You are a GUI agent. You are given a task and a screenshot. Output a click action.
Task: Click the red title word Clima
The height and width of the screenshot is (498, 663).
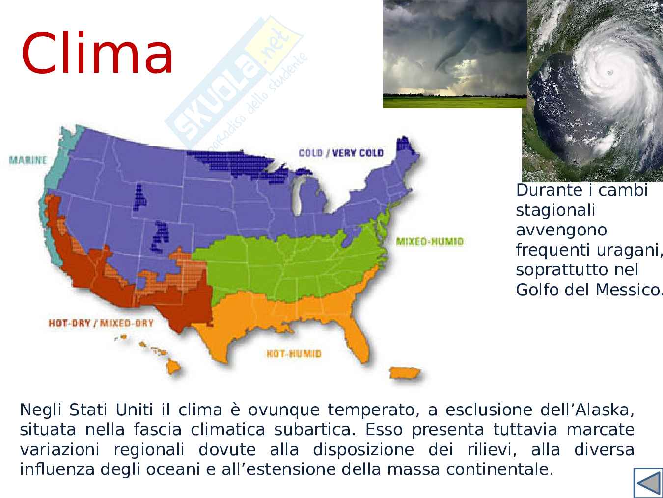tap(97, 53)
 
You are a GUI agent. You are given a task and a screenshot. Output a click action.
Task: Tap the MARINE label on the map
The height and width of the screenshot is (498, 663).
tap(28, 160)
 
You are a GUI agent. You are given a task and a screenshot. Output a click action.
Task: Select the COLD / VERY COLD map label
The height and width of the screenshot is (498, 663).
tap(341, 153)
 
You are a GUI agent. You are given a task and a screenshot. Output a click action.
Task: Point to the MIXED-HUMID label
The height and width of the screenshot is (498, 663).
tap(430, 241)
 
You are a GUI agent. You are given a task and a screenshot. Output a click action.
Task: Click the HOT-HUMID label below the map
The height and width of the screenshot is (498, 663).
tap(294, 353)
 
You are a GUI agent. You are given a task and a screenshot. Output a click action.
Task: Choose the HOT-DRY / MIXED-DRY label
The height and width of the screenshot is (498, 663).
tap(101, 323)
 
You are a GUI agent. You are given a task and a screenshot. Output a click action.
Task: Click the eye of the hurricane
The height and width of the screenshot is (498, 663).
tap(609, 72)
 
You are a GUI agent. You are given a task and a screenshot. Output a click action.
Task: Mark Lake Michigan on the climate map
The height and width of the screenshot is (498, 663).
tap(297, 197)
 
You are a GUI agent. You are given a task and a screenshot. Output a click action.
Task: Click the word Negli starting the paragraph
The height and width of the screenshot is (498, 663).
tap(41, 410)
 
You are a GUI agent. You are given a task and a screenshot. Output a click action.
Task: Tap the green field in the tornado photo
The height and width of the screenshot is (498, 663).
tap(455, 102)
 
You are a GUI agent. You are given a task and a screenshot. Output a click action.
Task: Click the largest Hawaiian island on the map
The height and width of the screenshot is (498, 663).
tap(173, 368)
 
